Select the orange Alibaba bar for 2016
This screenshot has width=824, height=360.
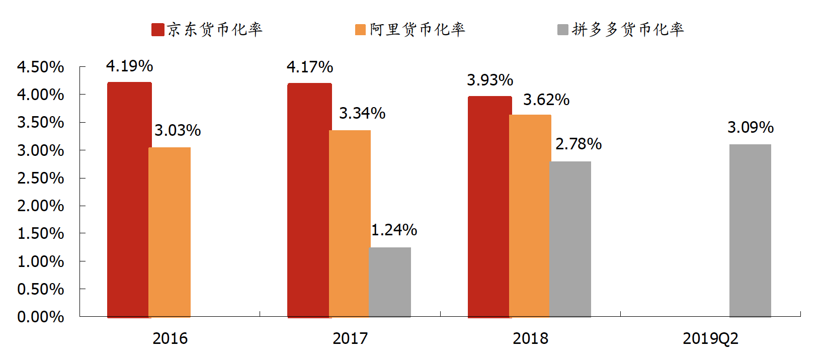pyautogui.click(x=170, y=232)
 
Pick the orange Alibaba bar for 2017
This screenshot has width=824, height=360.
pyautogui.click(x=350, y=223)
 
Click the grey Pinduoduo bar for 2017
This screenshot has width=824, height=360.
pyautogui.click(x=390, y=282)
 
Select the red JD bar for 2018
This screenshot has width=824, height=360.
pyautogui.click(x=489, y=207)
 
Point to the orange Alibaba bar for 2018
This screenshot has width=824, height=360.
pyautogui.click(x=530, y=216)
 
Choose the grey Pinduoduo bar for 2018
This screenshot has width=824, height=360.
pyautogui.click(x=570, y=239)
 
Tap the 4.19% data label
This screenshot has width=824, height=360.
pyautogui.click(x=129, y=66)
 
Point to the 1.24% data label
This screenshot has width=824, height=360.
pyautogui.click(x=394, y=230)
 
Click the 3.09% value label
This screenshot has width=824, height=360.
pyautogui.click(x=750, y=127)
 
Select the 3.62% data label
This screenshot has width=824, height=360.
pyautogui.click(x=546, y=100)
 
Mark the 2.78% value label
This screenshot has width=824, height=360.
pyautogui.click(x=579, y=144)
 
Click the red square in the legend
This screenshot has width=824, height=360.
pyautogui.click(x=158, y=30)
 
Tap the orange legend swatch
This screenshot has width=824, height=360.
pyautogui.click(x=360, y=30)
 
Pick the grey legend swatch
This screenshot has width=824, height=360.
pyautogui.click(x=563, y=30)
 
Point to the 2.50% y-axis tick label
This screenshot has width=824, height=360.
pyautogui.click(x=41, y=178)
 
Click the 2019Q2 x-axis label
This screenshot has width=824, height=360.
pyautogui.click(x=710, y=338)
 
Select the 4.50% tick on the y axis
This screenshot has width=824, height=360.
pyautogui.click(x=41, y=67)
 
